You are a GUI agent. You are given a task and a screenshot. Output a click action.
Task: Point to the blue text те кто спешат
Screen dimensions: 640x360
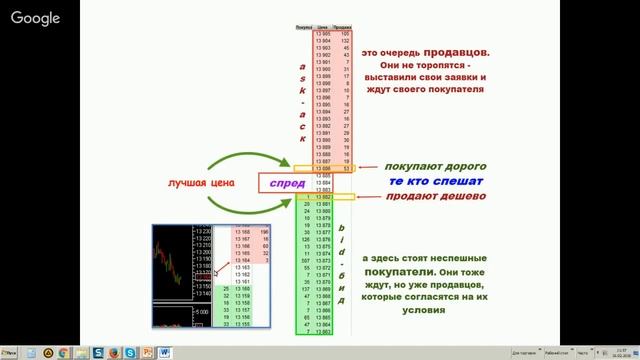pyautogui.click(x=435, y=181)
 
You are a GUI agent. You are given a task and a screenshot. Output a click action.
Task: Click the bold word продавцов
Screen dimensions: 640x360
pyautogui.click(x=454, y=50)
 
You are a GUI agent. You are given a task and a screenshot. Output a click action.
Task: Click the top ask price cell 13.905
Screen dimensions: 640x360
pyautogui.click(x=322, y=33)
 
